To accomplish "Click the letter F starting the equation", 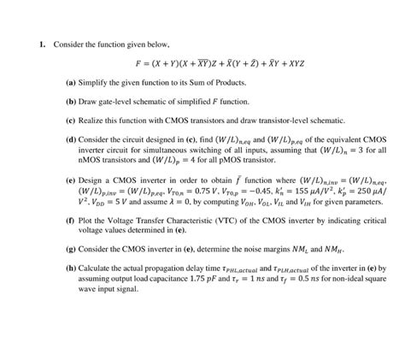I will point(139,64).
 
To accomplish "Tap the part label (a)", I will point(70,83).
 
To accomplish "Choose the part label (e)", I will point(70,182).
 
